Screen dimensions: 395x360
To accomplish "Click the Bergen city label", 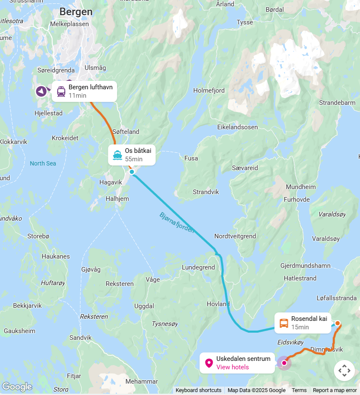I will [76, 12].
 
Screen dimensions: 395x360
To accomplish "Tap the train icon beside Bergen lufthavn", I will [61, 91].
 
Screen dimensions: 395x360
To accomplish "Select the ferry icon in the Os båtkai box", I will [117, 155].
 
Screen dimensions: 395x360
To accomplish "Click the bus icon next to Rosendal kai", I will [284, 323].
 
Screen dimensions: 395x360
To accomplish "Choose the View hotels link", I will [232, 367].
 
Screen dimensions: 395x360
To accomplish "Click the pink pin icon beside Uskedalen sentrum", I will [209, 363].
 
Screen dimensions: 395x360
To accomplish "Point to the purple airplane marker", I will [41, 91].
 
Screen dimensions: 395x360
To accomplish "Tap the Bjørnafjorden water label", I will [177, 222].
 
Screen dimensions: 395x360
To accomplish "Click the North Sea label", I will [43, 163].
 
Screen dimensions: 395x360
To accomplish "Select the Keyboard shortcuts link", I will [198, 390].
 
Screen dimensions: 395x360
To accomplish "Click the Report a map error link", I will [335, 390].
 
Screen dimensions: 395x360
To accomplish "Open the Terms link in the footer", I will [299, 390].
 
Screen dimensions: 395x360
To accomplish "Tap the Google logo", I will [17, 387].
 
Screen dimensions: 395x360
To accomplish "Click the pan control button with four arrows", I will [344, 371].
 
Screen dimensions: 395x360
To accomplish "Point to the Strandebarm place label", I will [337, 103].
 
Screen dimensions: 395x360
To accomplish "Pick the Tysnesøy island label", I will [165, 324].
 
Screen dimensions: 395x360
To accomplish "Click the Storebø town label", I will [38, 236].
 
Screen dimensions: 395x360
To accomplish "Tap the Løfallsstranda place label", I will [336, 298].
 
